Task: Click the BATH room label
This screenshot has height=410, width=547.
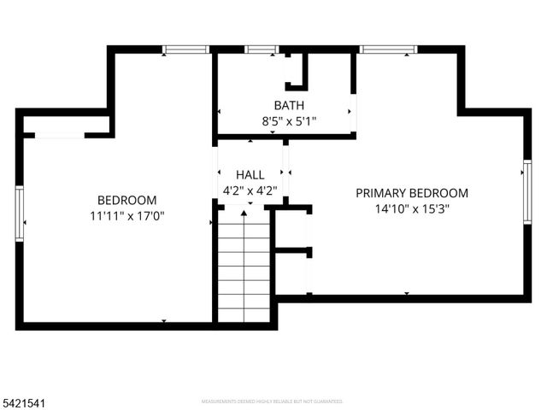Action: point(288,106)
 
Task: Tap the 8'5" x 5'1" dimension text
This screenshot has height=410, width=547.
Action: point(288,121)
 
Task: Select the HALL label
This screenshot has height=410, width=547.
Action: point(249,174)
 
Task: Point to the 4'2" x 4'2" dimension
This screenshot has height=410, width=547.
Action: point(249,190)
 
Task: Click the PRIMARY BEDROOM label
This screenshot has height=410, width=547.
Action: point(411,193)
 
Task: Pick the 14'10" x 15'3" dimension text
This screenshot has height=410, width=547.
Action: point(411,208)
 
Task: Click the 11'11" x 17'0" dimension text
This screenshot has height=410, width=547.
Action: point(126,216)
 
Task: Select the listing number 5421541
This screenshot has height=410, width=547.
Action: point(25,398)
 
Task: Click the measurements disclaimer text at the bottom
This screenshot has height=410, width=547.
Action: point(272,400)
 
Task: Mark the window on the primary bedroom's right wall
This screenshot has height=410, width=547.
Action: point(526,192)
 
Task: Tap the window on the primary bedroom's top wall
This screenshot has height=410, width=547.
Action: point(387,50)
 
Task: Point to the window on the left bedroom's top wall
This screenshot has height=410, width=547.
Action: point(186,50)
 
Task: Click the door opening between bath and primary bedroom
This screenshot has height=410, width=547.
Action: point(353,111)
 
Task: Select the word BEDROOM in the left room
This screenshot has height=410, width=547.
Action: point(126,201)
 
